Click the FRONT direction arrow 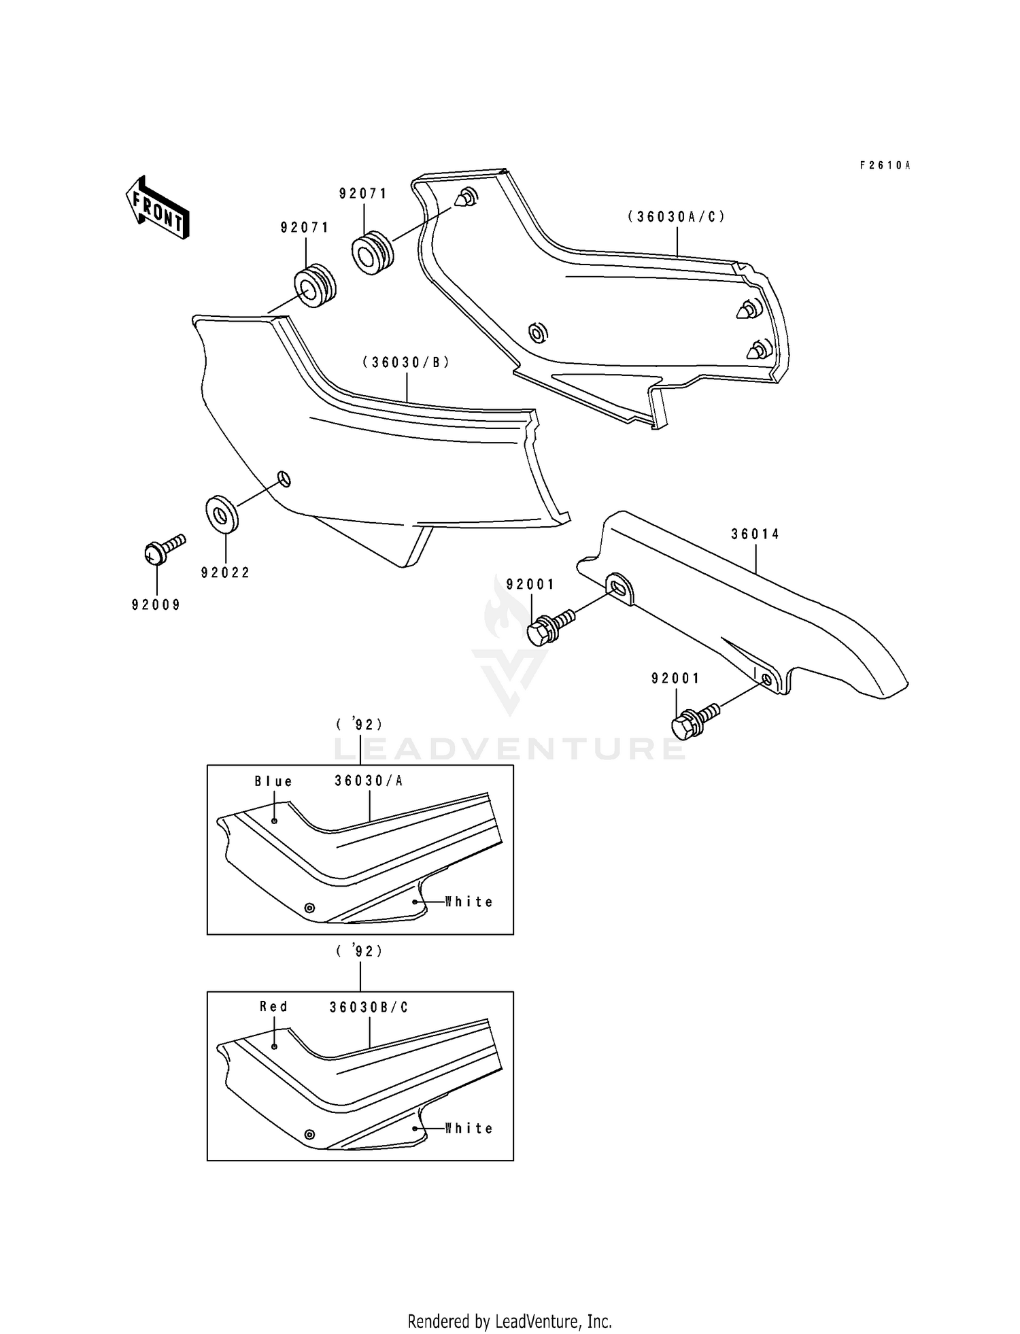pyautogui.click(x=157, y=207)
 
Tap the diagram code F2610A pyautogui.click(x=884, y=165)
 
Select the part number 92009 pyautogui.click(x=156, y=604)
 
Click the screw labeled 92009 pyautogui.click(x=162, y=549)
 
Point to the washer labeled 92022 pyautogui.click(x=221, y=513)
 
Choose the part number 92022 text pyautogui.click(x=226, y=572)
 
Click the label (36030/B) pyautogui.click(x=406, y=362)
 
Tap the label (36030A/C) pyautogui.click(x=676, y=217)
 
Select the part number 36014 pyautogui.click(x=755, y=534)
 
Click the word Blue pyautogui.click(x=273, y=781)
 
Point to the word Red pyautogui.click(x=273, y=1006)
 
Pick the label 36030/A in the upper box pyautogui.click(x=369, y=781)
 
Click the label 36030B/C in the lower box pyautogui.click(x=369, y=1007)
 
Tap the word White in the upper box pyautogui.click(x=469, y=902)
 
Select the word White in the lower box pyautogui.click(x=469, y=1128)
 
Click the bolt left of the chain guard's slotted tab pyautogui.click(x=547, y=626)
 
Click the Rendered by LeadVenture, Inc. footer pyautogui.click(x=509, y=1321)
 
